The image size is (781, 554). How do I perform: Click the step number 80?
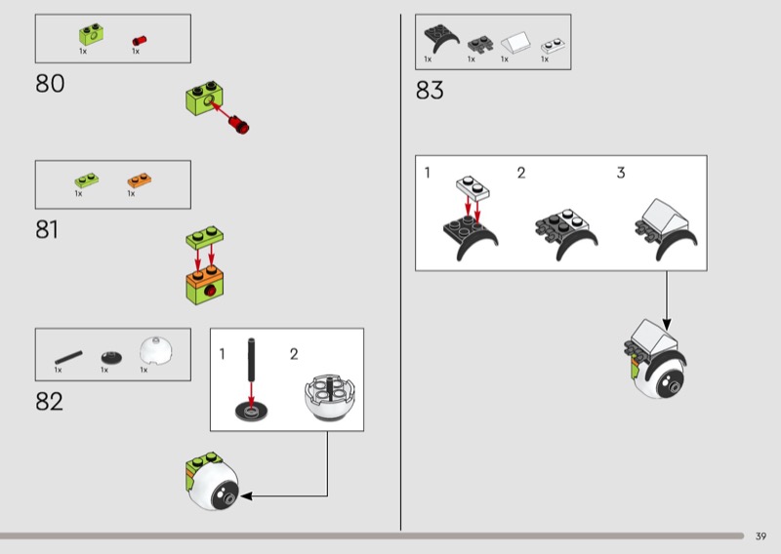(x=50, y=84)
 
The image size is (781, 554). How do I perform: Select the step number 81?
(x=47, y=230)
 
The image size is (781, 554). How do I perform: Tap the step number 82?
(x=50, y=401)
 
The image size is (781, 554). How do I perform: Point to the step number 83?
(x=430, y=91)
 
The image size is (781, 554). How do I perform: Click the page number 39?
(x=760, y=536)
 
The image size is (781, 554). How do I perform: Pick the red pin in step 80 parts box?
(x=139, y=40)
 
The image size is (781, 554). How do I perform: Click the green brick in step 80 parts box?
(x=91, y=34)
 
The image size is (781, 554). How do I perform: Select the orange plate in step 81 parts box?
(x=140, y=179)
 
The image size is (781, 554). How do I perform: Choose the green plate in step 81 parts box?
(x=87, y=179)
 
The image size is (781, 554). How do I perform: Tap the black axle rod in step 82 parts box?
(x=68, y=357)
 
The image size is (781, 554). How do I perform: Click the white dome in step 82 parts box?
(x=156, y=350)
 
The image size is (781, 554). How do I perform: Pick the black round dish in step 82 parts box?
(x=111, y=357)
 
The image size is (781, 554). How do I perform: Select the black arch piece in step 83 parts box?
(x=441, y=38)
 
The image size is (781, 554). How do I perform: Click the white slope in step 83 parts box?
(x=515, y=43)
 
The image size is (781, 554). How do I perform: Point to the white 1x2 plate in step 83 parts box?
(x=553, y=45)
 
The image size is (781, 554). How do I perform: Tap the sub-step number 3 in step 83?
(x=621, y=173)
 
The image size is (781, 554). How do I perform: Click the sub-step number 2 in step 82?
(x=294, y=354)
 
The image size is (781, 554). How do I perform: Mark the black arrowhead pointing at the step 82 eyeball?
(x=246, y=495)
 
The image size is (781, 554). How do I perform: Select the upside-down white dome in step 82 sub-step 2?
(x=330, y=396)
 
